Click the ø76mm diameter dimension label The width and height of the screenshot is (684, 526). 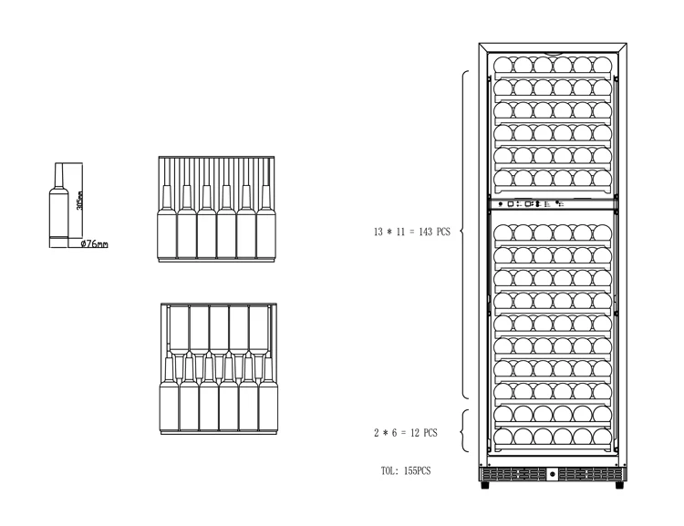point(94,244)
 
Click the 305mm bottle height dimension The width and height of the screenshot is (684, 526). point(80,201)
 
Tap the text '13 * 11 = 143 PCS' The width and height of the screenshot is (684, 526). point(411,232)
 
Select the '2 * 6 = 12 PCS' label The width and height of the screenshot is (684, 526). point(405,432)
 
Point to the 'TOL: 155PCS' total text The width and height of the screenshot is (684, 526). point(405,471)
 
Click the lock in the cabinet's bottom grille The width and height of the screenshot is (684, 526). point(553,474)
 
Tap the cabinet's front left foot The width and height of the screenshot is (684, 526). point(484,486)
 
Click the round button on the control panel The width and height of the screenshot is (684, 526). point(501,204)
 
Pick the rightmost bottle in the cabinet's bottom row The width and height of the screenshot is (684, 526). point(602,437)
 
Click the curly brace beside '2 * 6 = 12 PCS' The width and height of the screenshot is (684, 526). point(464,431)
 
